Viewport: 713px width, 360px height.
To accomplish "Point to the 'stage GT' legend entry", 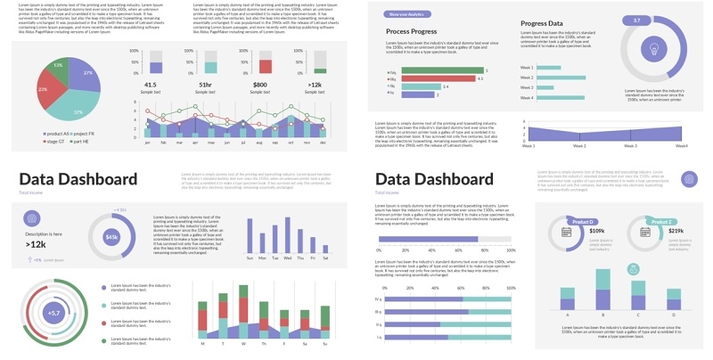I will point(55,141).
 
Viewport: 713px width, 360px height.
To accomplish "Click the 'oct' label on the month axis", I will point(290,142).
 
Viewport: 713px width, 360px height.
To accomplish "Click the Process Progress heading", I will point(411,31).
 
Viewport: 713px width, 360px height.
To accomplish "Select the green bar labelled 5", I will point(441,71).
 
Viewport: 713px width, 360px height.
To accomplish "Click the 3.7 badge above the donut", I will point(636,20).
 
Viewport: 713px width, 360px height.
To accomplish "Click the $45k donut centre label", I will point(111,237).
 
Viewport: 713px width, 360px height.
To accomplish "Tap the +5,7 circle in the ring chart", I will point(53,313).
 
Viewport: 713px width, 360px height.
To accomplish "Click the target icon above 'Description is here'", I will point(32,217).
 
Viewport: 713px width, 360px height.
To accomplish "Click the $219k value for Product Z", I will point(676,232).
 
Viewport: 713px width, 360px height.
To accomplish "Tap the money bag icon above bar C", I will point(633,268).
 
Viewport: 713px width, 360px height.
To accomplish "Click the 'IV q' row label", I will point(379,299).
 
